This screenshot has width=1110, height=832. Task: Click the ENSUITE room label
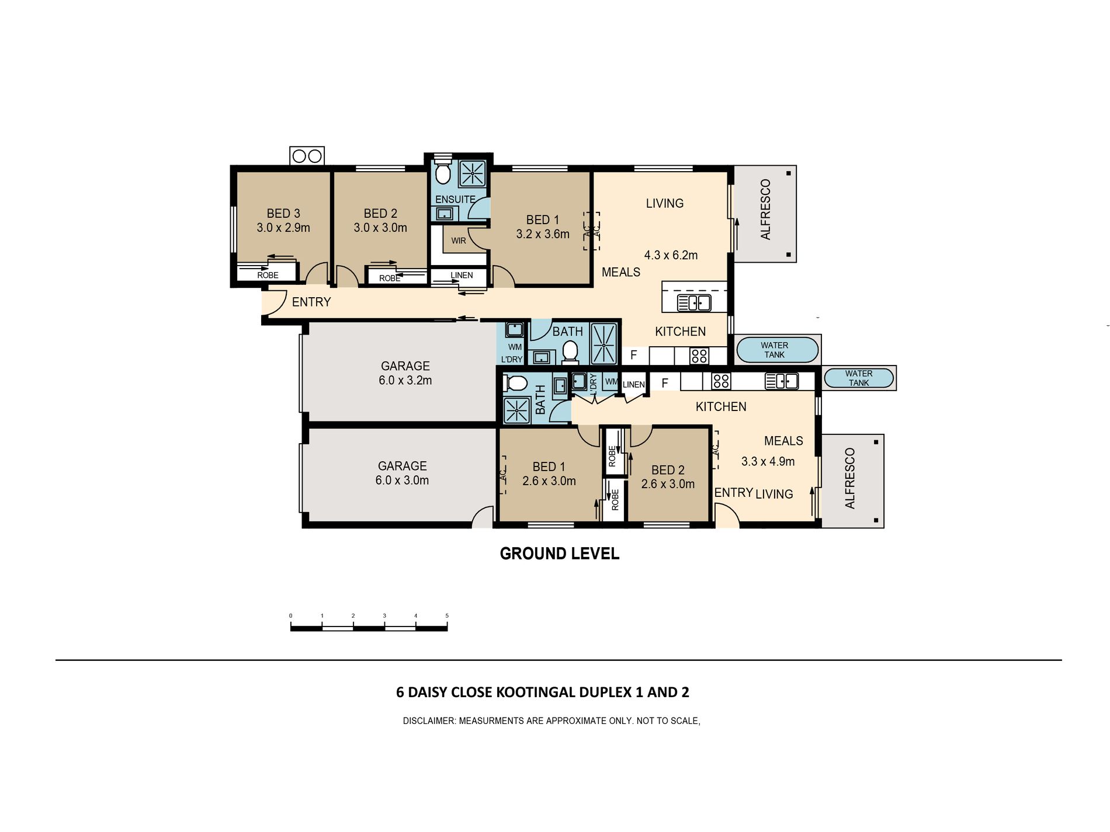[x=455, y=199]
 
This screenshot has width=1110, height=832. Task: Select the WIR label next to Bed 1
[x=459, y=241]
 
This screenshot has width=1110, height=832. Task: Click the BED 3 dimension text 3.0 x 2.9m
[x=283, y=228]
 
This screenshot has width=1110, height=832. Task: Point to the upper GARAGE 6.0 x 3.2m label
[x=405, y=373]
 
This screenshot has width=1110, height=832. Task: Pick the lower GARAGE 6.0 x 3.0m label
[x=403, y=473]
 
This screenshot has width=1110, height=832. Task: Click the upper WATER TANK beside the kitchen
[x=777, y=350]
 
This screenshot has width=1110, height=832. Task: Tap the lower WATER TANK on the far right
[x=859, y=378]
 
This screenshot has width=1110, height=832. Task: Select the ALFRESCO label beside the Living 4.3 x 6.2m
[x=766, y=210]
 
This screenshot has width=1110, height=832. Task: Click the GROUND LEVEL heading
[x=560, y=553]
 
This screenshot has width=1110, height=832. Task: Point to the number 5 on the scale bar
[x=447, y=615]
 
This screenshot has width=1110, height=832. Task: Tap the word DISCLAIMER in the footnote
[x=428, y=721]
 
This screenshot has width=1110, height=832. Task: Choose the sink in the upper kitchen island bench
[x=694, y=302]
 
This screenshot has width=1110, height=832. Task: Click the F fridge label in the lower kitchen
[x=665, y=383]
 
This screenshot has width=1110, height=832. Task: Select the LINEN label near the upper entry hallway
[x=462, y=275]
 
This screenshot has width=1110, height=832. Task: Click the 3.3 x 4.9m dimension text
[x=768, y=461]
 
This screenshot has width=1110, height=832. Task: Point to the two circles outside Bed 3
[x=307, y=156]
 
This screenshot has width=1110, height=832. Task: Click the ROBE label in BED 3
[x=268, y=275]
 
